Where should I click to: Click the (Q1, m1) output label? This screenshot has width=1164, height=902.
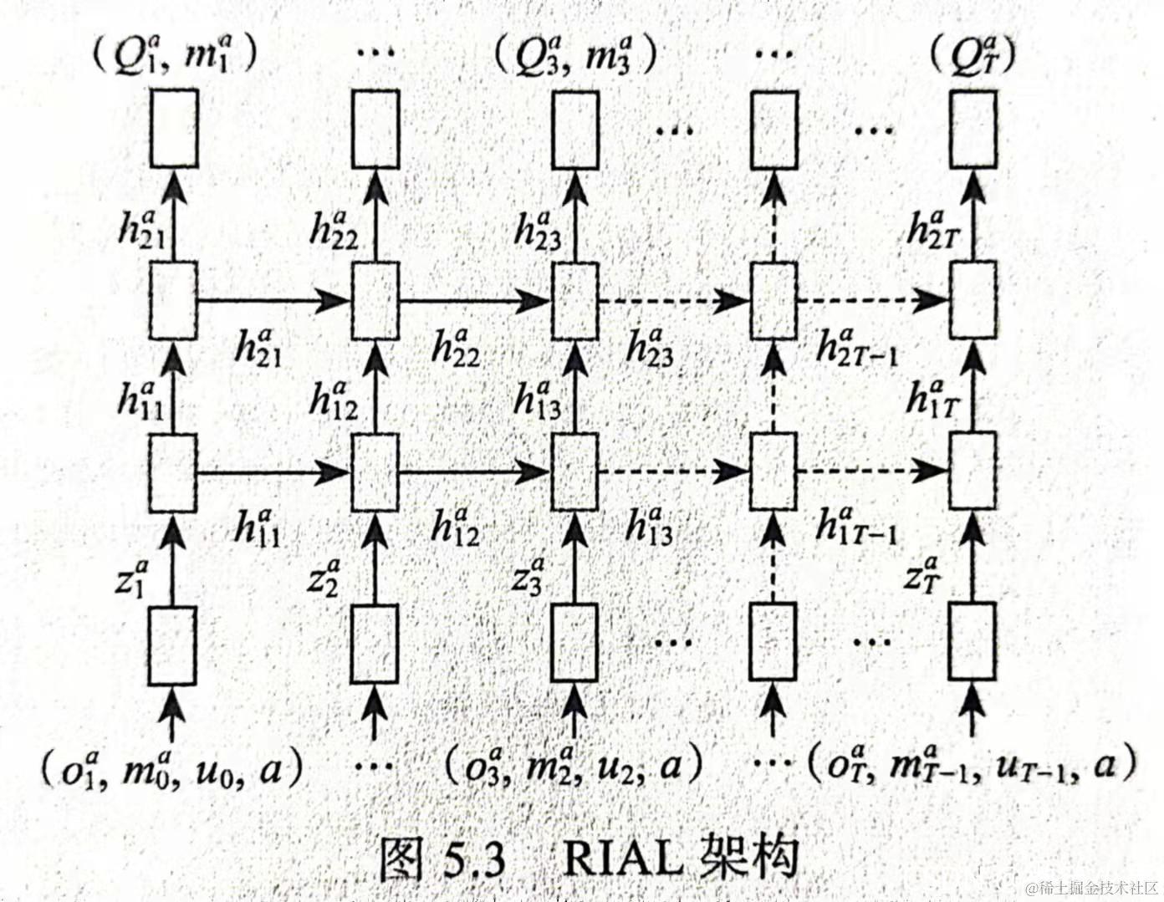click(173, 54)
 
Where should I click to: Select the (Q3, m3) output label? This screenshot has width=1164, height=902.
click(574, 54)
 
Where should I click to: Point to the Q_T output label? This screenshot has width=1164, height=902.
click(973, 55)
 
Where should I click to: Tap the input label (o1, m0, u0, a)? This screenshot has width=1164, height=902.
click(171, 767)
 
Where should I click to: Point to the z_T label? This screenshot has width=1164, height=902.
click(922, 575)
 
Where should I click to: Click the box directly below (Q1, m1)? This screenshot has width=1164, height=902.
click(174, 129)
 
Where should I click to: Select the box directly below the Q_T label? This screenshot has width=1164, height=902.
click(973, 129)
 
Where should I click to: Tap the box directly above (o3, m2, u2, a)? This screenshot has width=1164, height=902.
click(575, 643)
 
